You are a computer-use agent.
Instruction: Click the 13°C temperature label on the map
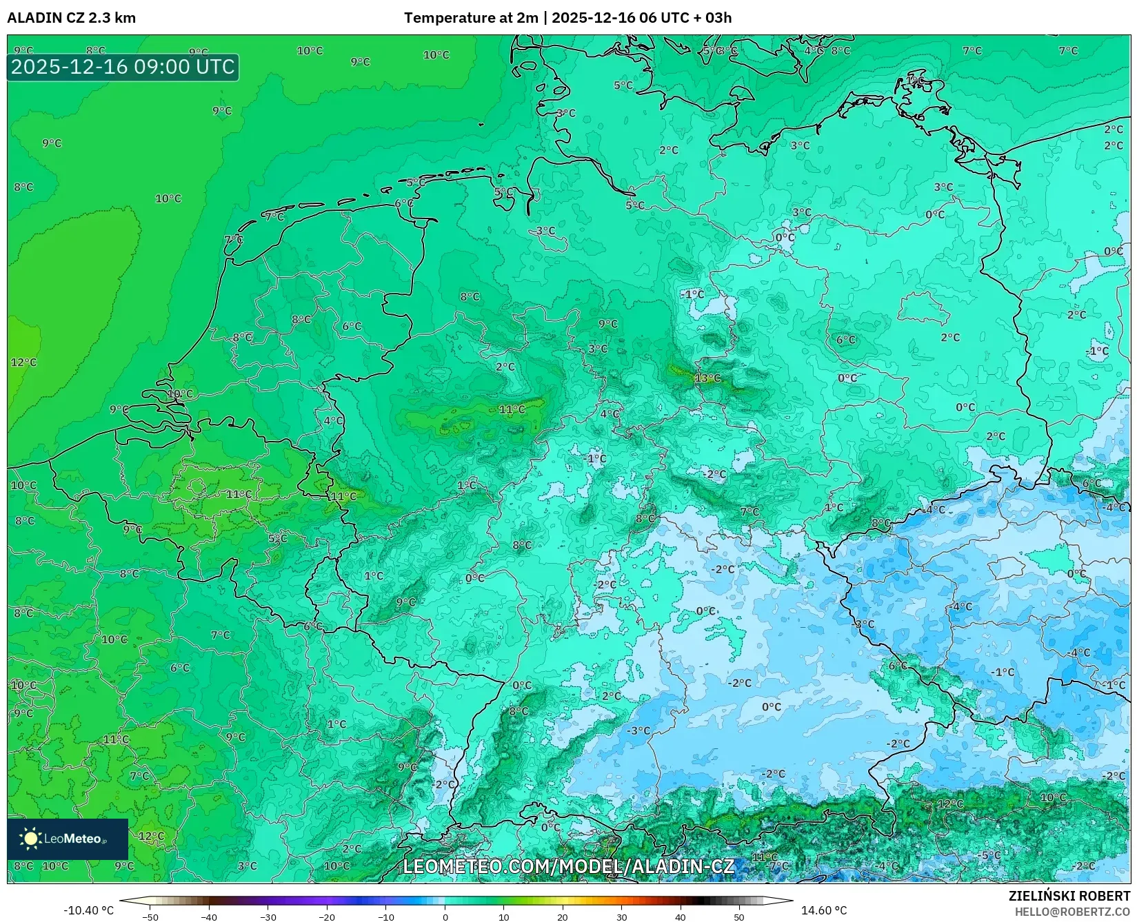tap(707, 378)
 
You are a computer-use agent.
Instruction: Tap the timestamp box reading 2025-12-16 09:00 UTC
tap(123, 67)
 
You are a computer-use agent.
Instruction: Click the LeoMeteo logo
tap(68, 839)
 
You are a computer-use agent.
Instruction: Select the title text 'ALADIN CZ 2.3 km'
tap(71, 18)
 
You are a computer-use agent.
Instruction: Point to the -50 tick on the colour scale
tap(150, 917)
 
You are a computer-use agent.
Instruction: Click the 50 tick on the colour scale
tap(739, 917)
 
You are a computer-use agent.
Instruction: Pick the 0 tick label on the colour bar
tap(445, 917)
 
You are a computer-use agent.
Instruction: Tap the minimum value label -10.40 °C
tap(88, 910)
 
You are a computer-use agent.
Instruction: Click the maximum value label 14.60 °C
tap(823, 910)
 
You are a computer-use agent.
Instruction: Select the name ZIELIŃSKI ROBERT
tap(1069, 896)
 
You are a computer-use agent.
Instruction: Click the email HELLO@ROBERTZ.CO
tap(1072, 912)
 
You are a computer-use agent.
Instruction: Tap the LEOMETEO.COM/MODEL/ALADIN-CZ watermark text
tap(568, 866)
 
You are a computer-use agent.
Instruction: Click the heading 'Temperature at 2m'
tap(470, 18)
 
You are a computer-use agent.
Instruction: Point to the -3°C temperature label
tap(639, 730)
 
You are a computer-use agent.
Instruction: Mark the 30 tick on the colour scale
tap(621, 917)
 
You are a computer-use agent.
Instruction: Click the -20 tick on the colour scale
tap(327, 917)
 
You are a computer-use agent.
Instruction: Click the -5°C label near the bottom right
tap(990, 855)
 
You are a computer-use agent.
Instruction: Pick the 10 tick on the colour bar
tap(503, 917)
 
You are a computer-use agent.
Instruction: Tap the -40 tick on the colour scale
tap(209, 917)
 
